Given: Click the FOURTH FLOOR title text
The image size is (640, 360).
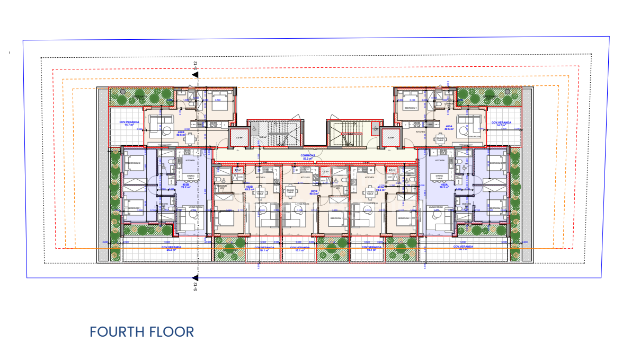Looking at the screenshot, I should pyautogui.click(x=141, y=332).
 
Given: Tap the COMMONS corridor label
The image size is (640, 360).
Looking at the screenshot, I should pyautogui.click(x=309, y=156).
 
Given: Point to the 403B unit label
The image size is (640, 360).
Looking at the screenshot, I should pyautogui.click(x=185, y=186).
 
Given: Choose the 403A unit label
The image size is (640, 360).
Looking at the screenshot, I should pyautogui.click(x=380, y=187).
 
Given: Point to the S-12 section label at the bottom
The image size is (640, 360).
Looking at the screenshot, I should pyautogui.click(x=195, y=287).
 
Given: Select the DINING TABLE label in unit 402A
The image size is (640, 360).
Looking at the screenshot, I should pyautogui.click(x=439, y=177).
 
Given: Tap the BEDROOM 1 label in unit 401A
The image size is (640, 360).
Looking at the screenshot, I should pyautogui.click(x=411, y=108).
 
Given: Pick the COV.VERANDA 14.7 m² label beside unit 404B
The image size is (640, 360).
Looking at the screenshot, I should pyautogui.click(x=129, y=124).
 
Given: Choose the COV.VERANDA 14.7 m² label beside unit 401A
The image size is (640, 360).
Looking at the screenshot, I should pyautogui.click(x=501, y=124).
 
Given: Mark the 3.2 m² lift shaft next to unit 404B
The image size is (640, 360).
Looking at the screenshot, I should pyautogui.click(x=238, y=137).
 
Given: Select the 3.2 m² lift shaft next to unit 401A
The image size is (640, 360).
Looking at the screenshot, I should pyautogui.click(x=391, y=137).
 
